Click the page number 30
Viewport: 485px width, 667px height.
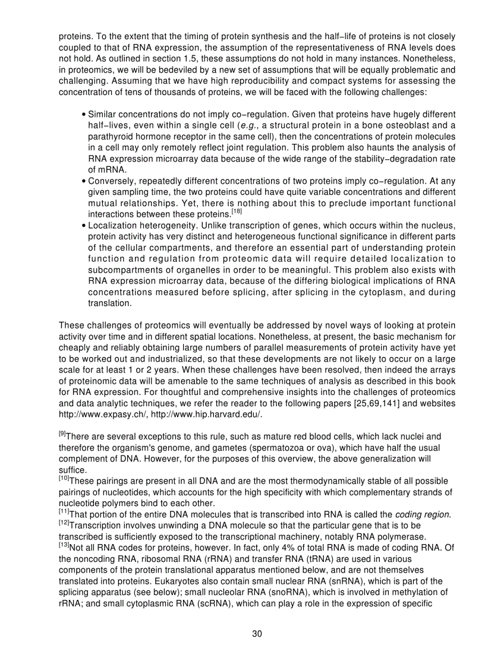pyautogui.click(x=257, y=633)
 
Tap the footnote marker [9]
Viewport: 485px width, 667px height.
pyautogui.click(x=63, y=434)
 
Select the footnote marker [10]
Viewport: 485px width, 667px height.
pyautogui.click(x=64, y=479)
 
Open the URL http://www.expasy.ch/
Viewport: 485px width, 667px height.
pyautogui.click(x=97, y=413)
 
